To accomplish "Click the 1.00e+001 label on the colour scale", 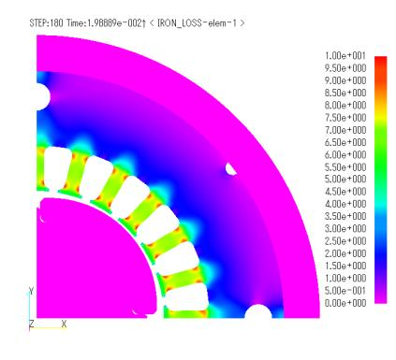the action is click(345, 56).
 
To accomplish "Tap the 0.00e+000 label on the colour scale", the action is click(345, 303).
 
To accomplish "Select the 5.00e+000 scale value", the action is click(345, 180).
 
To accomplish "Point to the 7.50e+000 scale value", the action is click(345, 118).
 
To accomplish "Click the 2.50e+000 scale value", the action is click(345, 241).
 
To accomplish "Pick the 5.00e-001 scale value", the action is click(345, 291).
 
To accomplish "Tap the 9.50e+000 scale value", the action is click(345, 68).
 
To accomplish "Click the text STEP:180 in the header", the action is click(46, 23).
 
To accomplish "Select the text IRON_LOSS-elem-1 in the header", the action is click(197, 23).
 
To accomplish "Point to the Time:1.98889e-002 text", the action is click(104, 23).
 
